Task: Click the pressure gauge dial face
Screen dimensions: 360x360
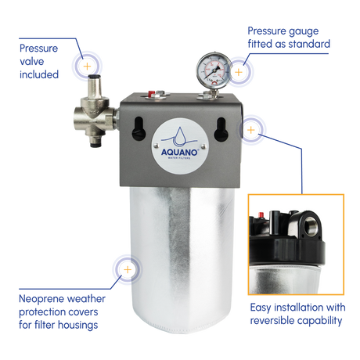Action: point(214,70)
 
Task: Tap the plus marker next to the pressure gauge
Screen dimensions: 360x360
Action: point(239,72)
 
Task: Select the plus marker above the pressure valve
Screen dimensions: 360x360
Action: point(87,67)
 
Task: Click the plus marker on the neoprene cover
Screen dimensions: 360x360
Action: point(128,269)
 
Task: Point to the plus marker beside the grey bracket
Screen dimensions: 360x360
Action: point(250,130)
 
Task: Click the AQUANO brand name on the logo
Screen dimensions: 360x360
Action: point(180,152)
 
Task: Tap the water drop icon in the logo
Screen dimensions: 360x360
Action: point(179,135)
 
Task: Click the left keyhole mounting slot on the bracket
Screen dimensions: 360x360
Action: point(139,129)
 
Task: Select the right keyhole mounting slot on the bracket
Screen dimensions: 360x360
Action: point(221,129)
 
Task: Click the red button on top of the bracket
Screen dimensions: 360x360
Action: point(151,93)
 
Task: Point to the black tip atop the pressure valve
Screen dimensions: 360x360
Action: point(94,77)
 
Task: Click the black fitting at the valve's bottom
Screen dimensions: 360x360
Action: point(95,143)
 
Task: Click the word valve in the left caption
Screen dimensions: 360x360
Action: point(32,62)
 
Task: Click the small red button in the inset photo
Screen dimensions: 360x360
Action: point(260,214)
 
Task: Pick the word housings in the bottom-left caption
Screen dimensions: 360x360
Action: point(77,326)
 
